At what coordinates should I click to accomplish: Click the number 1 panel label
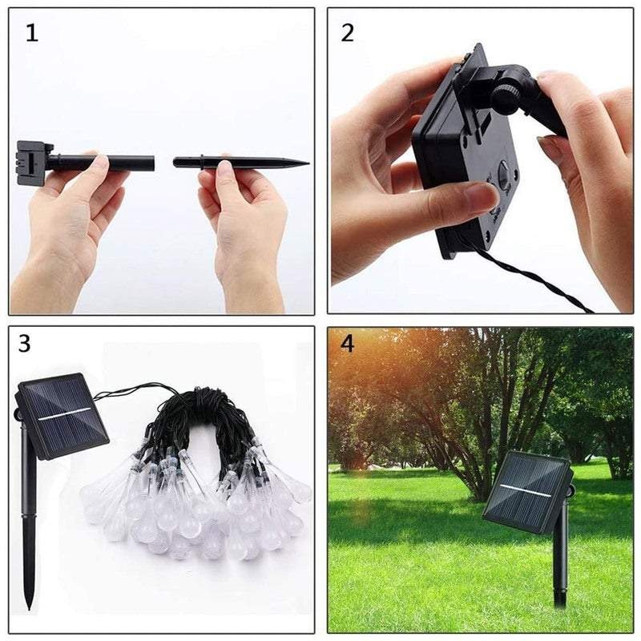coord(31,34)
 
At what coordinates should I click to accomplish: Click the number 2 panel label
coord(348,33)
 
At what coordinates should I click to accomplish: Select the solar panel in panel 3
coord(62,414)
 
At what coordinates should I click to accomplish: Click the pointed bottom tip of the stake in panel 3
coord(30,605)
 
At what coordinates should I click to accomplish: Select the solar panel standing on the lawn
coord(526,490)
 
